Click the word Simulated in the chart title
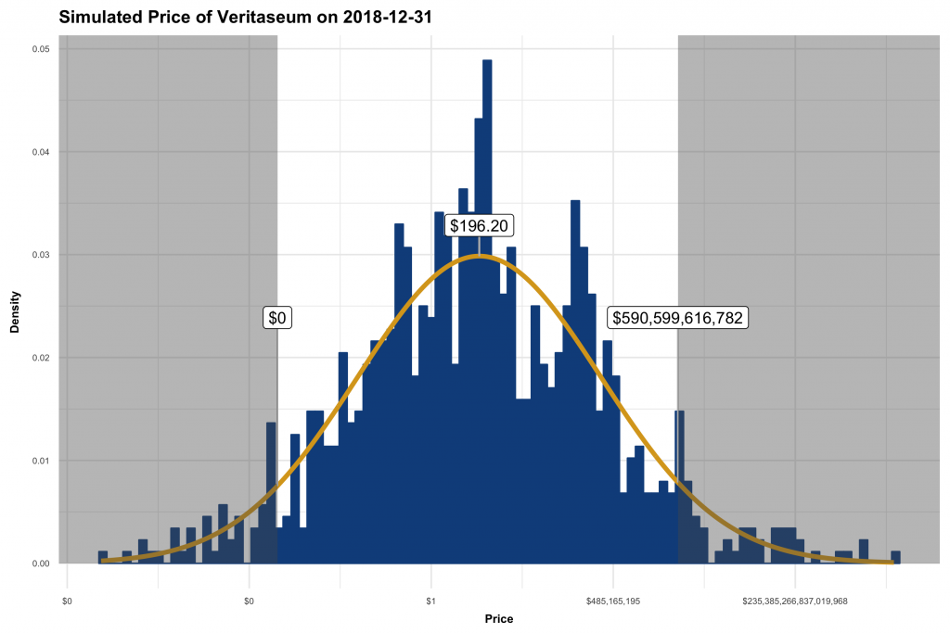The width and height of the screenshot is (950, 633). pyautogui.click(x=101, y=17)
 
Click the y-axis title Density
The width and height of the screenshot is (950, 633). pyautogui.click(x=15, y=306)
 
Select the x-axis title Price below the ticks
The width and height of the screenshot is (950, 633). pyautogui.click(x=499, y=619)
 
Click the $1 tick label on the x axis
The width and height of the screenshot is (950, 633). pyautogui.click(x=430, y=601)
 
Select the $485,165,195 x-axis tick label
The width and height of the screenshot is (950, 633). pyautogui.click(x=613, y=601)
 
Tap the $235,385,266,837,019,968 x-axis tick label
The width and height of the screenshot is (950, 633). pyautogui.click(x=795, y=601)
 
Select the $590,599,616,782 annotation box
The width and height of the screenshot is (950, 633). pyautogui.click(x=678, y=318)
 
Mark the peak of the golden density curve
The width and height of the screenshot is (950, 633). pyautogui.click(x=479, y=256)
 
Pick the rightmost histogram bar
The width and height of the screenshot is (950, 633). pyautogui.click(x=895, y=557)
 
